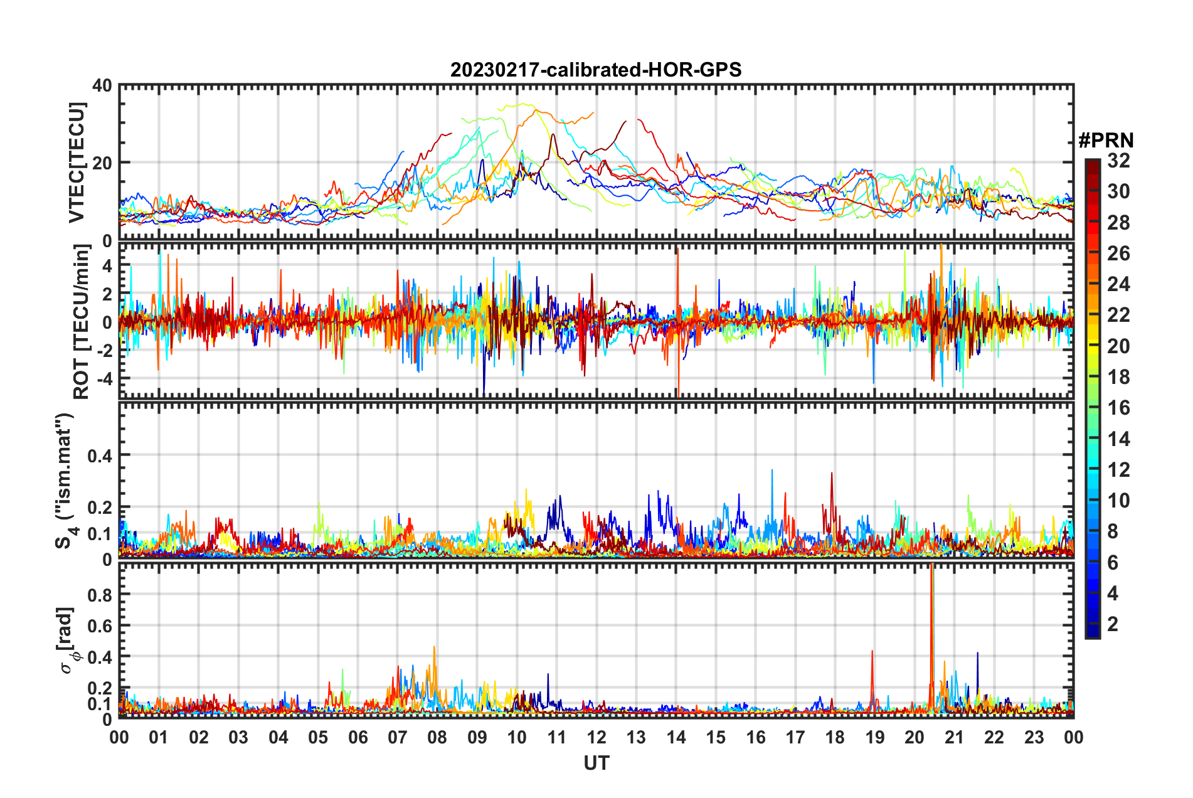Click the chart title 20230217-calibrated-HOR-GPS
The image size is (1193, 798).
pyautogui.click(x=596, y=70)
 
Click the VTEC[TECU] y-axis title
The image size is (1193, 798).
pyautogui.click(x=77, y=162)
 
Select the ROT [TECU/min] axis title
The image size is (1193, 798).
pyautogui.click(x=82, y=322)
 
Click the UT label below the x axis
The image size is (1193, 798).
pyautogui.click(x=596, y=763)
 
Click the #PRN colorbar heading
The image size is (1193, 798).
pyautogui.click(x=1106, y=140)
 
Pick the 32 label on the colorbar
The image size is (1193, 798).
pyautogui.click(x=1118, y=161)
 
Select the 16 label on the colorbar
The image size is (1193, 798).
pyautogui.click(x=1118, y=408)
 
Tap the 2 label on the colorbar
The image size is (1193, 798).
pyautogui.click(x=1113, y=624)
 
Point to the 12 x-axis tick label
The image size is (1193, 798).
pyautogui.click(x=596, y=737)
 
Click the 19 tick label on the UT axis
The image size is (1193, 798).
pyautogui.click(x=874, y=737)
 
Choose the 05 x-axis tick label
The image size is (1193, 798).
pyautogui.click(x=318, y=737)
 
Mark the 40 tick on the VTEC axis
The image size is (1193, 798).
pyautogui.click(x=103, y=85)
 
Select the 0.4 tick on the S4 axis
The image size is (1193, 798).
pyautogui.click(x=100, y=455)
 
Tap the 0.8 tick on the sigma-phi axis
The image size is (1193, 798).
pyautogui.click(x=100, y=595)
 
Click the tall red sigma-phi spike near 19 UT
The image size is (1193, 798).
pyautogui.click(x=872, y=652)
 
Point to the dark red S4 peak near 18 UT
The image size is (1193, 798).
pyautogui.click(x=832, y=474)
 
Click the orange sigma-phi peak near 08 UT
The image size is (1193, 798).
pyautogui.click(x=434, y=648)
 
